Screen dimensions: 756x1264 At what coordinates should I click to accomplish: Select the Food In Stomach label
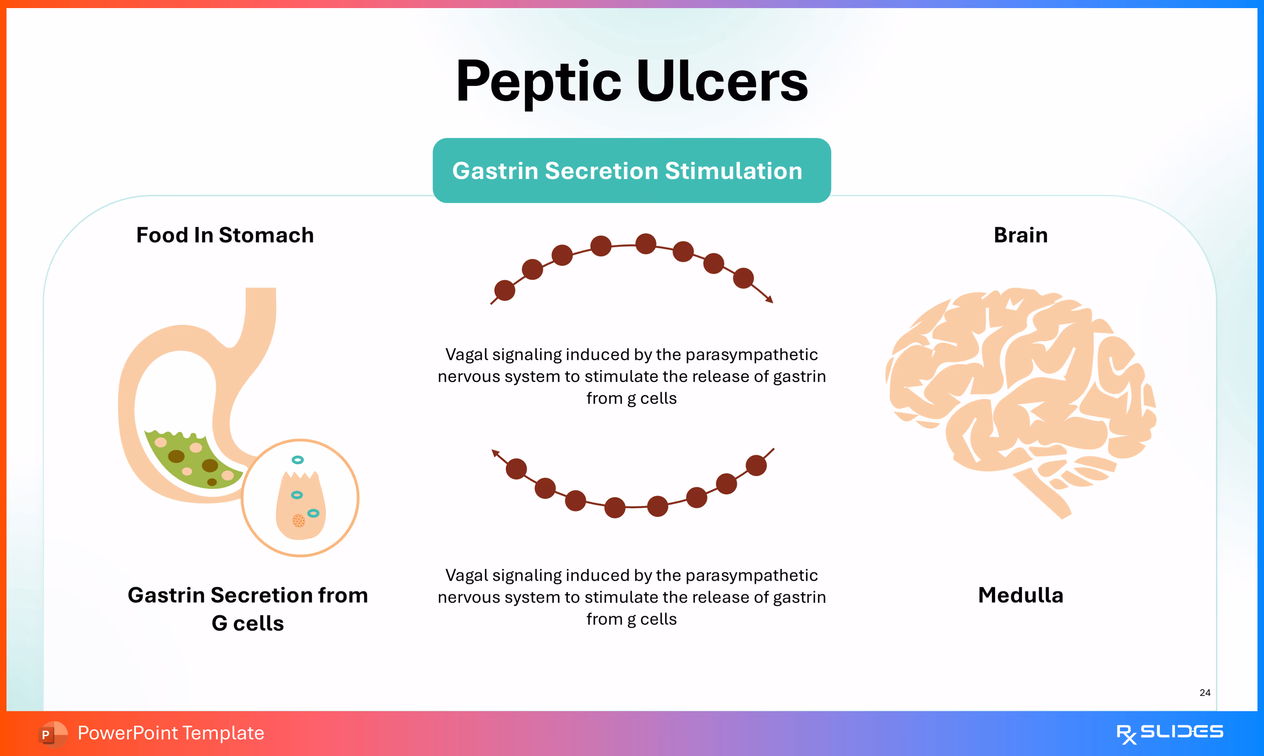(225, 236)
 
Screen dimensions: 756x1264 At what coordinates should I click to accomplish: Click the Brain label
(1020, 236)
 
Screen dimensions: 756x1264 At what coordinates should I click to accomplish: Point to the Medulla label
(1020, 595)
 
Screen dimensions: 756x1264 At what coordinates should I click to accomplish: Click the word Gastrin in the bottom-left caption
(166, 595)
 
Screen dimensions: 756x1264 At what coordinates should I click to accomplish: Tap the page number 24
(1205, 692)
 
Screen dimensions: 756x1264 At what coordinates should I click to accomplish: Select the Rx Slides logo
(1169, 733)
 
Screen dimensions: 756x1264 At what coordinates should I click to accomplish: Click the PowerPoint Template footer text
(171, 733)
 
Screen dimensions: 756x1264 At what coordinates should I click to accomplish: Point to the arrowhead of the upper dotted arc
(770, 300)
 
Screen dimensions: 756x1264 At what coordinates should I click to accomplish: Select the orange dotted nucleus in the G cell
(299, 520)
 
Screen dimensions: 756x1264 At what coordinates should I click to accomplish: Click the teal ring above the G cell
(298, 460)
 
